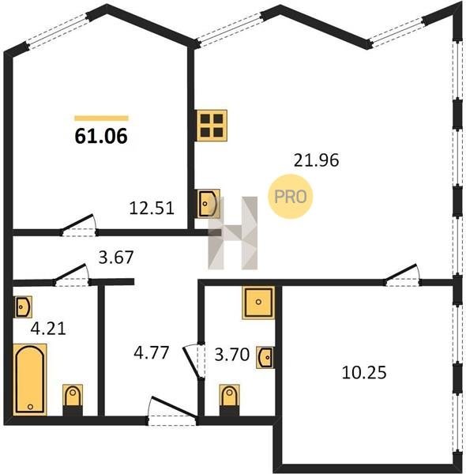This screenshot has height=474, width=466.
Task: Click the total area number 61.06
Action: tap(101, 137)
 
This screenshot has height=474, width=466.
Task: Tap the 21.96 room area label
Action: tap(317, 160)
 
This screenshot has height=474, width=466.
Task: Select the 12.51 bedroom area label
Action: tap(152, 209)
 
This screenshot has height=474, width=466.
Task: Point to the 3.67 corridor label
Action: tap(116, 258)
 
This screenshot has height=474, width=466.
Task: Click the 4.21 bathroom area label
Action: tap(48, 329)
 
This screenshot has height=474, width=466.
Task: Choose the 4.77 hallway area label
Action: tap(152, 353)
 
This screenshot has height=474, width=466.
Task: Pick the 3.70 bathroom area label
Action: tap(231, 355)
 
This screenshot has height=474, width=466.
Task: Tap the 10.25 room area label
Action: tap(364, 372)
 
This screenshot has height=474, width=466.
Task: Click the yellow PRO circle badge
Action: tap(291, 197)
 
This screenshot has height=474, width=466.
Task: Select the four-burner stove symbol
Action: tap(212, 126)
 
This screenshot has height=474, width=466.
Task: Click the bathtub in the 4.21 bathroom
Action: tap(30, 380)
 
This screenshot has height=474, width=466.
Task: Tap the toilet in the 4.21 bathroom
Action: tap(73, 400)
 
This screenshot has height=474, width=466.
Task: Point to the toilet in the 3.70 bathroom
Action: tap(230, 400)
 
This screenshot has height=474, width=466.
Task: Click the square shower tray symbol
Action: tap(258, 303)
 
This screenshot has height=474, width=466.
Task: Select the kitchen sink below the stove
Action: tap(209, 204)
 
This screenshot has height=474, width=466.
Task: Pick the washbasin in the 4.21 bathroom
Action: tap(23, 307)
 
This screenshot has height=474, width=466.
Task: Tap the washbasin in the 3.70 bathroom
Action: tap(265, 357)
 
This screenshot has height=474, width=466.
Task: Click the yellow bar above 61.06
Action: tap(102, 118)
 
